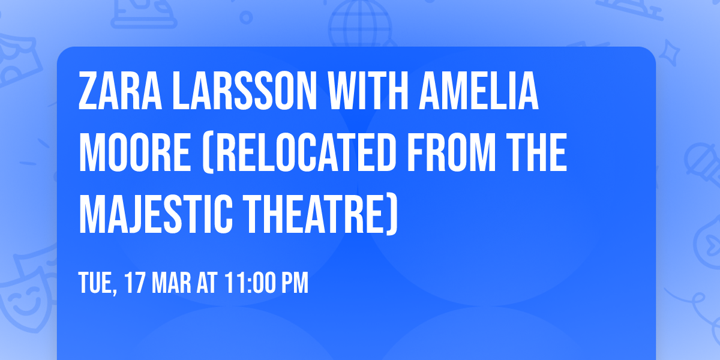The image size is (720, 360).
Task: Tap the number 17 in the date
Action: pyautogui.click(x=135, y=283)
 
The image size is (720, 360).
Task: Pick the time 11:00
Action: pyautogui.click(x=250, y=283)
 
